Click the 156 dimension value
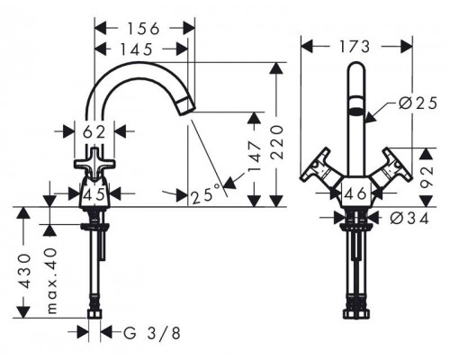click(143, 29)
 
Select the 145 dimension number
click(137, 49)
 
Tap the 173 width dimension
click(355, 47)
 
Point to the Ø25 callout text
click(418, 103)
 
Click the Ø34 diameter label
click(409, 219)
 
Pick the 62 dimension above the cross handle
click(94, 132)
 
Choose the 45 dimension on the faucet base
click(94, 194)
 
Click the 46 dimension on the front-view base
click(355, 193)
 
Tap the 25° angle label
click(206, 195)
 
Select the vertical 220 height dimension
click(276, 142)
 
